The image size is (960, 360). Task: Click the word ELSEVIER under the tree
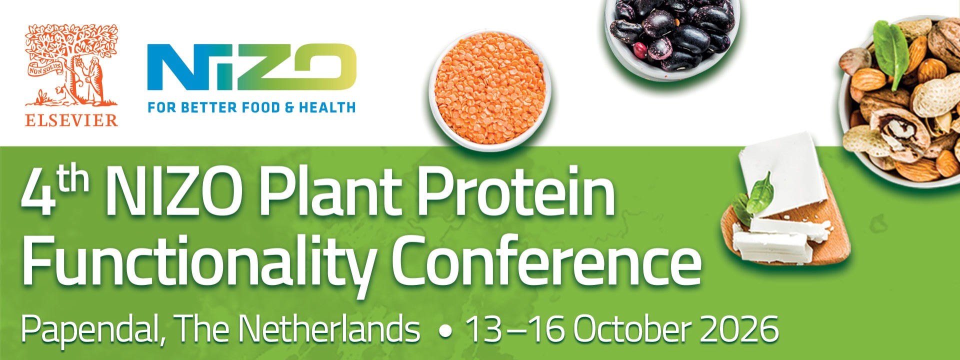(x=71, y=120)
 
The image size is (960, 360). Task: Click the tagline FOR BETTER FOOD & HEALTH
(x=251, y=107)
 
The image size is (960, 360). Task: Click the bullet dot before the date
(x=443, y=331)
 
